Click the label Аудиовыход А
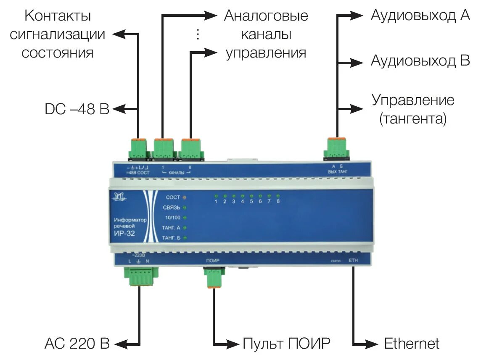(x=420, y=16)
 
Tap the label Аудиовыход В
(x=420, y=61)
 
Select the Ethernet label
(x=411, y=344)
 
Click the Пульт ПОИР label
(x=286, y=344)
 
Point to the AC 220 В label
(x=77, y=344)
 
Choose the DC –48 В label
(x=77, y=109)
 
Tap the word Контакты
(x=58, y=16)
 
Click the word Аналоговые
(x=266, y=16)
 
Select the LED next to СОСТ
(x=184, y=197)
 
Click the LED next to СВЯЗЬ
(x=184, y=208)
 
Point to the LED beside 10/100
(x=184, y=218)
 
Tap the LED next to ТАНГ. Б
(x=184, y=238)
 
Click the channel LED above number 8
(x=278, y=196)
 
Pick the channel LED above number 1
(x=216, y=196)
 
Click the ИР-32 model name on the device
(x=124, y=234)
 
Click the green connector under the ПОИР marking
(x=214, y=278)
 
